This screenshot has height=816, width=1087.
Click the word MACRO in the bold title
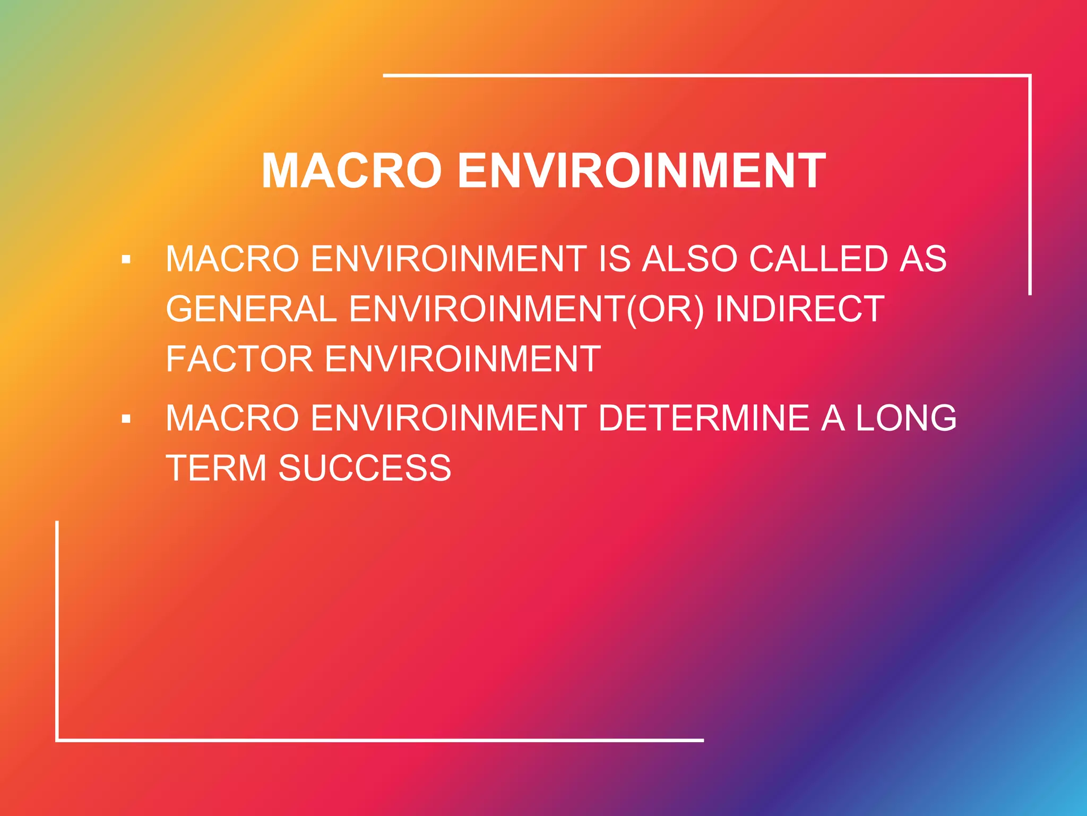click(351, 171)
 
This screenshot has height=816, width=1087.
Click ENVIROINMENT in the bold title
click(641, 171)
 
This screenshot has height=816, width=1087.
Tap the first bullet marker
click(126, 260)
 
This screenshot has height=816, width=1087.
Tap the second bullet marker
click(126, 419)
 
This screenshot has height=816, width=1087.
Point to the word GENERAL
click(252, 309)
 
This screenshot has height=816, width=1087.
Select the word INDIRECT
click(800, 309)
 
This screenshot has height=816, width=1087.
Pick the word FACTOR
click(239, 359)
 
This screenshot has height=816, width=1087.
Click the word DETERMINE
click(703, 418)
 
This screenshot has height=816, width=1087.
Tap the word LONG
click(906, 418)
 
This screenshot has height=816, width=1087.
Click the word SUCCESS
click(365, 468)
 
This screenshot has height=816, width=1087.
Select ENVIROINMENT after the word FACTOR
click(462, 359)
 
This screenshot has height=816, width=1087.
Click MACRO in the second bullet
click(232, 418)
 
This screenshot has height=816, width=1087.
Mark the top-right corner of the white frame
click(1030, 76)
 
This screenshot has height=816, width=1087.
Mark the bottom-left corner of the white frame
click(57, 739)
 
